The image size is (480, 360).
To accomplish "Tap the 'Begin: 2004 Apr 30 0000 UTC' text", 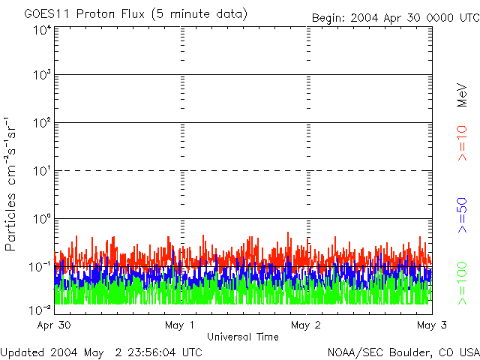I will (395, 16).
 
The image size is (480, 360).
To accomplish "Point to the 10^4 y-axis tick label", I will (41, 31).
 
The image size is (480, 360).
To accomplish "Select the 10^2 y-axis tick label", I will (41, 124).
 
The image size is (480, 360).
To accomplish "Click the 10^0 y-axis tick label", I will (41, 220).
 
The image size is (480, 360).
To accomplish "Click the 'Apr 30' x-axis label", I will (53, 325).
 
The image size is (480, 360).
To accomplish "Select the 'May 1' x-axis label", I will (181, 325).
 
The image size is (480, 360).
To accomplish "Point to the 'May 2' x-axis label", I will (307, 325).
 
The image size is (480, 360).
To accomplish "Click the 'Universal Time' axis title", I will (242, 337).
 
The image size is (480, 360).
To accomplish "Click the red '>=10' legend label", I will (462, 144).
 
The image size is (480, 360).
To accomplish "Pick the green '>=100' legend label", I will (462, 282).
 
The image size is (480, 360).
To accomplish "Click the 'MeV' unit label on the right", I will (462, 96).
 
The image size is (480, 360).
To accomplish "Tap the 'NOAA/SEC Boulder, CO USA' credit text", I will (403, 352).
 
